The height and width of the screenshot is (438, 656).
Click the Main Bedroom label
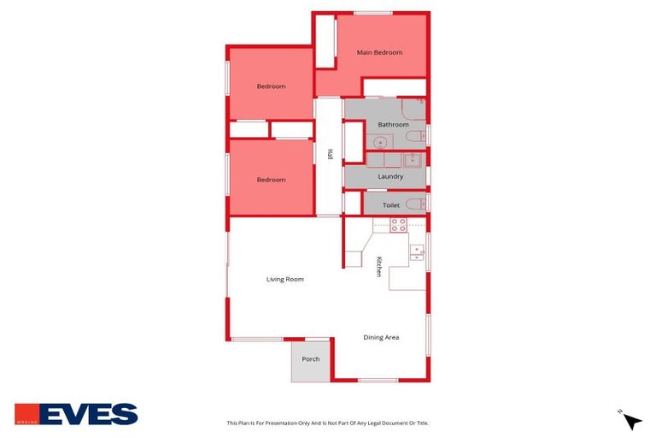(x=379, y=52)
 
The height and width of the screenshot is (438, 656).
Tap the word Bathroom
(x=393, y=125)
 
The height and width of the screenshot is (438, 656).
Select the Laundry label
(x=390, y=176)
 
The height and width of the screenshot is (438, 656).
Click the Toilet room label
(x=391, y=205)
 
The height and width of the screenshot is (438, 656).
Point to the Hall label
(x=330, y=154)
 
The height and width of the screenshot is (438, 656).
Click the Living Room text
(x=284, y=279)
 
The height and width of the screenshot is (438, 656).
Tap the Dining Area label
(x=381, y=337)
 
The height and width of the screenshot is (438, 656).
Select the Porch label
(x=310, y=358)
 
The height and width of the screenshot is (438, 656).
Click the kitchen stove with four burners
(x=398, y=225)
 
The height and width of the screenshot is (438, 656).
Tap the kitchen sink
(x=417, y=252)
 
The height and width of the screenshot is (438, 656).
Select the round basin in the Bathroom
(x=379, y=142)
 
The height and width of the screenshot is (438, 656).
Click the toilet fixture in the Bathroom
(x=415, y=137)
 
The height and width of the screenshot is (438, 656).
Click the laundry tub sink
(x=413, y=159)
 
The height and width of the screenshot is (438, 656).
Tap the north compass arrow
(x=631, y=420)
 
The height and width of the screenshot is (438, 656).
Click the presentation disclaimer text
(x=327, y=423)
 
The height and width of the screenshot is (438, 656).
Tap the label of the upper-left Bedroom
(x=271, y=86)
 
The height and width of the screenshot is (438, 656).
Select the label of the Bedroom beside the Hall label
(x=271, y=180)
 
